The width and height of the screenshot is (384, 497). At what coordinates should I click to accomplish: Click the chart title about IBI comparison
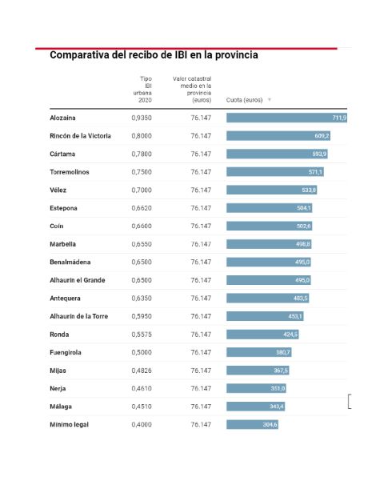[x=154, y=55]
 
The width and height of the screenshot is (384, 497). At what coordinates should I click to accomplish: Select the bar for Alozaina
[x=286, y=118]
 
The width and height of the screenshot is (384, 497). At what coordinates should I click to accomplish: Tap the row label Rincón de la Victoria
[x=80, y=136]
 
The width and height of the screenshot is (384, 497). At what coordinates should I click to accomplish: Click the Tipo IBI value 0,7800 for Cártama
[x=142, y=154]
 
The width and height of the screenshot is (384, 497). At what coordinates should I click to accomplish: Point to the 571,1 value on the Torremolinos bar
[x=315, y=172]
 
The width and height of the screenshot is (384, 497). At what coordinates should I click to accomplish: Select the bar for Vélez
[x=271, y=190]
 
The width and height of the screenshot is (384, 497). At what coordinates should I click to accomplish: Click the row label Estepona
[x=63, y=208]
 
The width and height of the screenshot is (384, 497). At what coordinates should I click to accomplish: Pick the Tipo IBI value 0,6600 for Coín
[x=142, y=226]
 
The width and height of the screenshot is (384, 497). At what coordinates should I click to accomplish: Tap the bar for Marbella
[x=269, y=244]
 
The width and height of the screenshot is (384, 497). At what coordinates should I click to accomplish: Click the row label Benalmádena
[x=70, y=263]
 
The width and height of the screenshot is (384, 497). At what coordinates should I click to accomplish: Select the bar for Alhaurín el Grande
[x=268, y=280]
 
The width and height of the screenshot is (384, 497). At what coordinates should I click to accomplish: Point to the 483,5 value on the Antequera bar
[x=300, y=299]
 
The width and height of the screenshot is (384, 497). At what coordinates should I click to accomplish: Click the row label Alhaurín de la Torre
[x=79, y=316]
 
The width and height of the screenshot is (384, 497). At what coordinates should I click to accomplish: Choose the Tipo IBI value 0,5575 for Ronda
[x=142, y=335]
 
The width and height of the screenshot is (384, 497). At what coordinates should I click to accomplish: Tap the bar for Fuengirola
[x=259, y=352]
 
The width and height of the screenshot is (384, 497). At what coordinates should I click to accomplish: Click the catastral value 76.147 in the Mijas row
[x=201, y=371]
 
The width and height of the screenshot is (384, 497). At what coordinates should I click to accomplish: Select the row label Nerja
[x=58, y=389]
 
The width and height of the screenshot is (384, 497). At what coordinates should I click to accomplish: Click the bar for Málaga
[x=255, y=407]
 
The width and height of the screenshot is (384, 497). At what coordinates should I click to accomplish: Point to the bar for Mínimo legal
[x=252, y=425]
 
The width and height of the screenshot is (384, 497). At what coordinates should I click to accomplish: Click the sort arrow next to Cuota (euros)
[x=270, y=100]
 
